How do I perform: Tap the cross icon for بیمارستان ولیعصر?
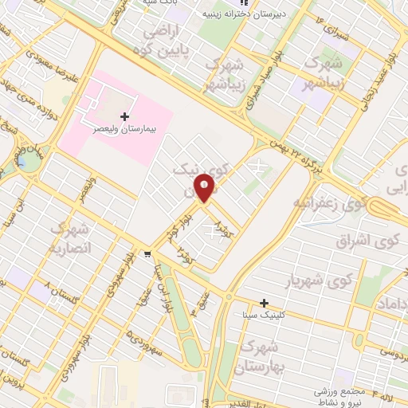click(124, 116)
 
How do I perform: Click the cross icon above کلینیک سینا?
click(265, 303)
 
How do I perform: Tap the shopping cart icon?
click(148, 254)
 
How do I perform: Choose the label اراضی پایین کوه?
click(163, 38)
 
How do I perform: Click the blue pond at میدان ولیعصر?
click(29, 160)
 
